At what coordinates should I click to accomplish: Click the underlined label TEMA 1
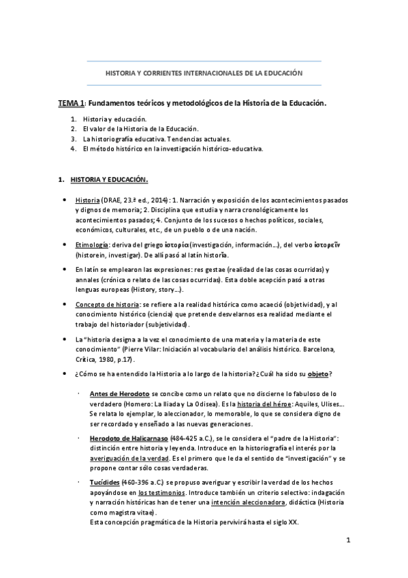[70, 104]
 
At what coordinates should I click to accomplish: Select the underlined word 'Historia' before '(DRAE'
[88, 200]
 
